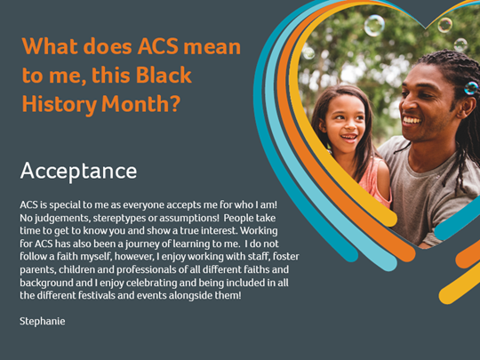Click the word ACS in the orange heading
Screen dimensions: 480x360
tap(158, 47)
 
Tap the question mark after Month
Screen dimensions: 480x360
tap(174, 103)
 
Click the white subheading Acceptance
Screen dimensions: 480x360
tap(78, 172)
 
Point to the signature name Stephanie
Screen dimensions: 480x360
tap(43, 322)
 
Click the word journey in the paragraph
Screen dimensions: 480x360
tap(142, 244)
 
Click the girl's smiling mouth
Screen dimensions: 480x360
tap(349, 138)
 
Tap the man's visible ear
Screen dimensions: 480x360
tap(467, 108)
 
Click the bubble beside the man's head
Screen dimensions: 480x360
tap(471, 88)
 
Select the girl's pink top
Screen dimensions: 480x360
tap(375, 183)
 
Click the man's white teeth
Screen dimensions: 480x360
tap(412, 121)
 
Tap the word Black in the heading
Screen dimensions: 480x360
tap(164, 76)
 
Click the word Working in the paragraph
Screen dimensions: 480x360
tap(259, 231)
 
